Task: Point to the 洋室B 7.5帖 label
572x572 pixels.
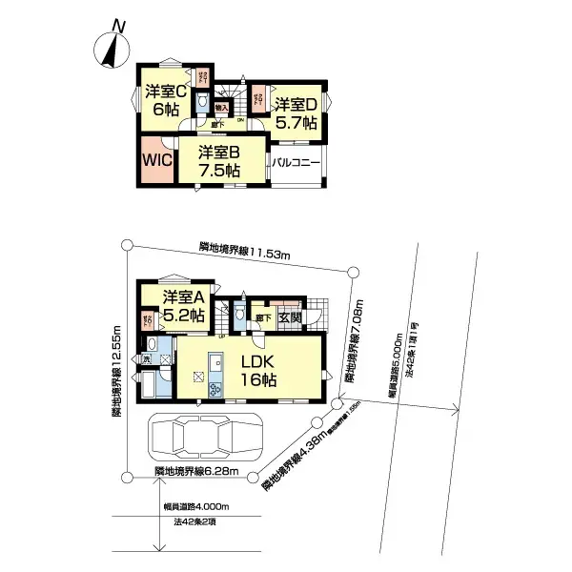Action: [218, 160]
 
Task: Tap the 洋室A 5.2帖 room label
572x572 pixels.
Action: [183, 305]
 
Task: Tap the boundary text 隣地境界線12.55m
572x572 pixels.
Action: [115, 372]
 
